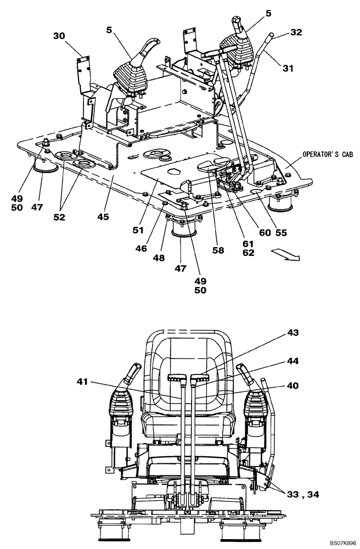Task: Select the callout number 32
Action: (296, 33)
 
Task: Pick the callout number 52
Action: (59, 217)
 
